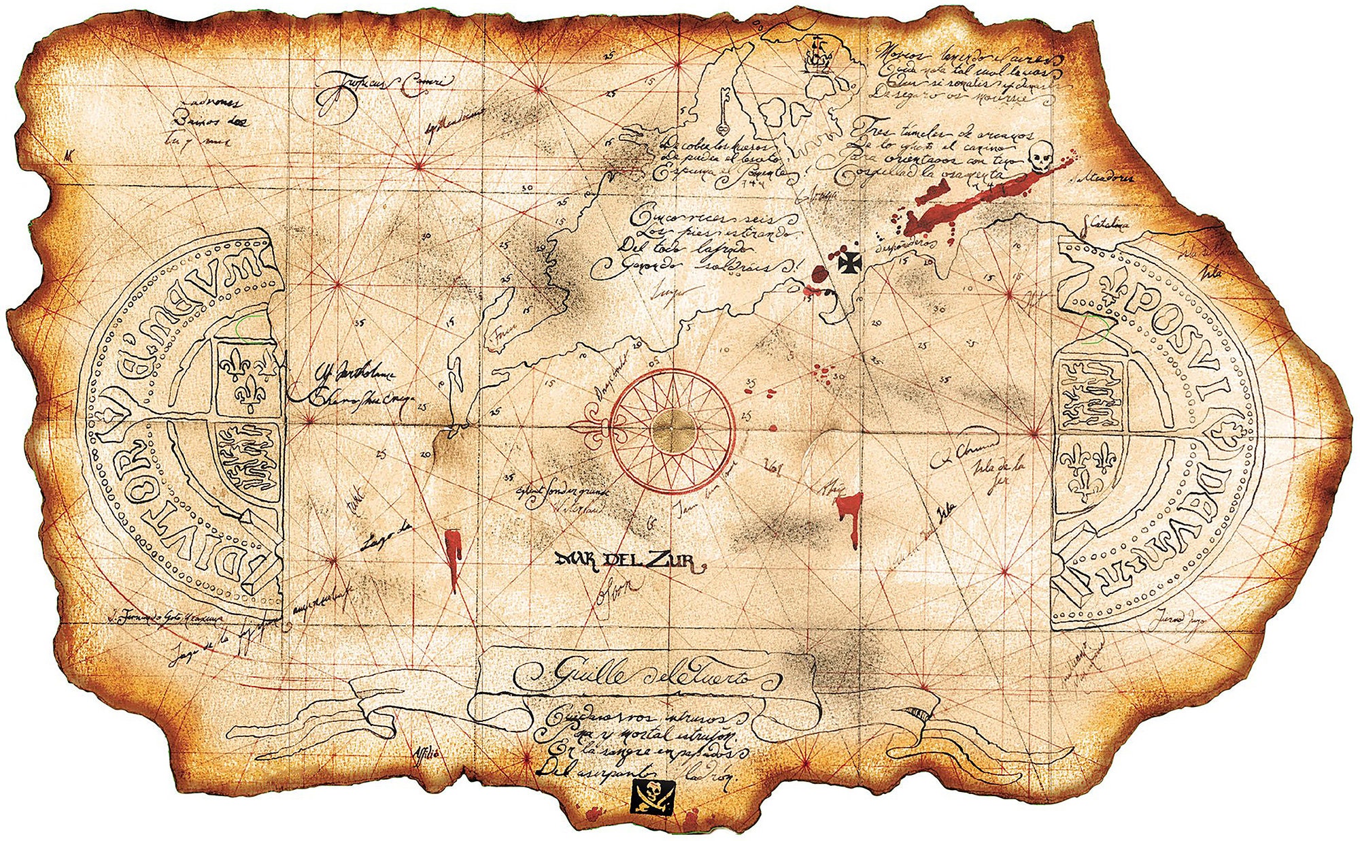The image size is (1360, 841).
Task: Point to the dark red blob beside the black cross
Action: pyautogui.click(x=819, y=274)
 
